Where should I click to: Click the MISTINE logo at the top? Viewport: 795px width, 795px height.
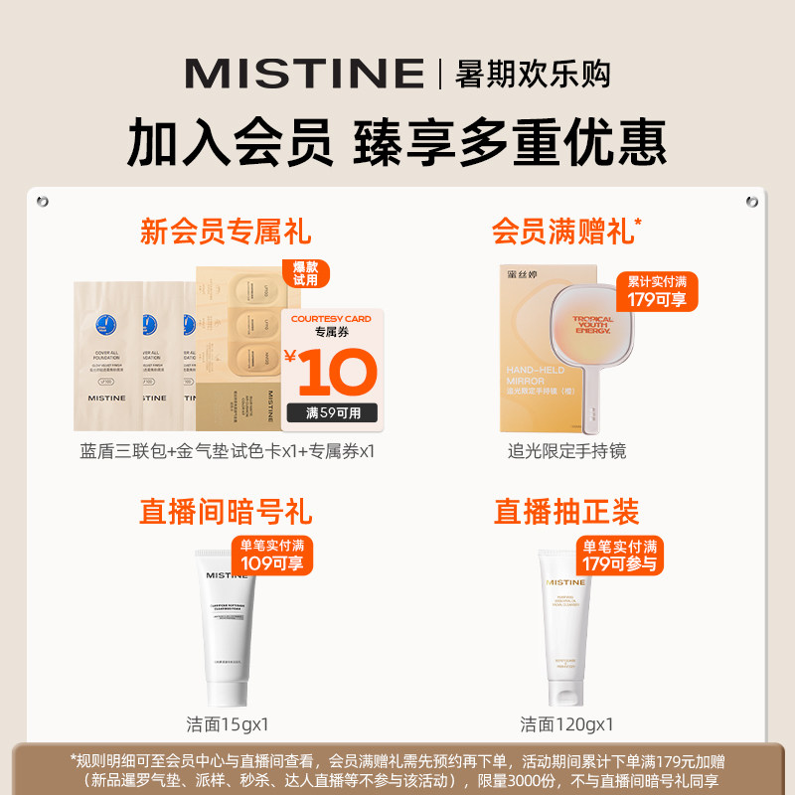point(304,74)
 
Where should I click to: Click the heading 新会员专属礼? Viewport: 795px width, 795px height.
point(226,232)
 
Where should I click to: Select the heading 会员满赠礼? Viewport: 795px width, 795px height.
point(564,232)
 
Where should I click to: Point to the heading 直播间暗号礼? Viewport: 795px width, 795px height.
point(226,512)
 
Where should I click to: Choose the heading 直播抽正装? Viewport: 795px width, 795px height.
point(566,512)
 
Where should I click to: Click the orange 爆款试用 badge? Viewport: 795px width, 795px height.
point(306,273)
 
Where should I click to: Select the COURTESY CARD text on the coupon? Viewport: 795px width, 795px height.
point(332,319)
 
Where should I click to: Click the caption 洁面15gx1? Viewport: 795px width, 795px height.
point(227,723)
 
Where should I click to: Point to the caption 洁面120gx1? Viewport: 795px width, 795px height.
point(566,723)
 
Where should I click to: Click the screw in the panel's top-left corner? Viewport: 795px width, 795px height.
point(42,202)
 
